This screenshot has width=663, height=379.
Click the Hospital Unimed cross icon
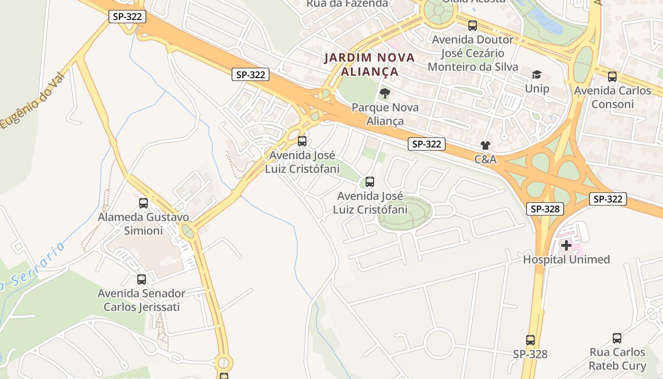coord(566,245)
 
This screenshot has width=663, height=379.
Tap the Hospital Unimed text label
coord(566,260)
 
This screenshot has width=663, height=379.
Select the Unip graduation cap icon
coord(537,74)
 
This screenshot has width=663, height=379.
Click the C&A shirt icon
coord(485,145)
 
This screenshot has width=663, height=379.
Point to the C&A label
coord(486,160)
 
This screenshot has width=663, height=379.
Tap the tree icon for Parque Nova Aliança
coord(385,93)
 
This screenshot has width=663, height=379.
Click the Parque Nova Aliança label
coord(385,114)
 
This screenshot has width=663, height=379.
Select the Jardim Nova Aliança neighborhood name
coord(369,65)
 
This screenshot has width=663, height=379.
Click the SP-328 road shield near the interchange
coord(545,209)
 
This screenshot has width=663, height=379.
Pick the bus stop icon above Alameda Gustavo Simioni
coord(143,203)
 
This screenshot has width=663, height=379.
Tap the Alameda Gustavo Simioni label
coord(143,224)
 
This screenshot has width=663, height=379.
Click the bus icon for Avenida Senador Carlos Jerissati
coord(142,280)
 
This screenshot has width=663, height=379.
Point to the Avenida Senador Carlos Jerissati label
coord(142,300)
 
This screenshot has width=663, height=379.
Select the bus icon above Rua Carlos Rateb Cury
coord(617,338)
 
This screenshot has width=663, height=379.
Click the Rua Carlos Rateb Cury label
coord(618,359)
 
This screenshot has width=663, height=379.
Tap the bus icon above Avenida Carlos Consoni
coord(612,76)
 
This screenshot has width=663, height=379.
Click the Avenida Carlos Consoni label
coord(613,97)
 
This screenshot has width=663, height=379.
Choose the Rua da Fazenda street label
coord(347,4)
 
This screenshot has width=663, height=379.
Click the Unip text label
coord(537,89)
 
